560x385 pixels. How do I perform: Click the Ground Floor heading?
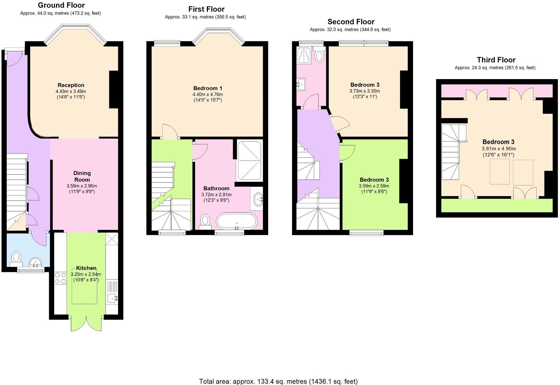pos(61,5)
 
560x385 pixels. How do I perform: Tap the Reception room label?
pos(71,85)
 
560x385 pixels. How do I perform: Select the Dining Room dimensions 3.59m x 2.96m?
pos(82,186)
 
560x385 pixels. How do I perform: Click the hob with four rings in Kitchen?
pos(61,278)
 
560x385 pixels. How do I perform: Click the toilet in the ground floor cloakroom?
pos(16,258)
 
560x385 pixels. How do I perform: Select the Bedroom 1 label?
pos(208,88)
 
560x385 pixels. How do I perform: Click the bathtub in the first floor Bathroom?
pos(237,222)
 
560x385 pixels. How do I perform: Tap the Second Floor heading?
pos(351,22)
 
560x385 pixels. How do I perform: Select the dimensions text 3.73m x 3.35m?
pos(364,91)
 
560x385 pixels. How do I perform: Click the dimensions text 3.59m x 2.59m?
pos(374,186)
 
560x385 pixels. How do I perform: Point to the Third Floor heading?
pos(496,60)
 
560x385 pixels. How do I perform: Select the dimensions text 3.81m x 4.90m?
pos(498,149)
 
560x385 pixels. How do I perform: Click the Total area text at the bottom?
pos(278,381)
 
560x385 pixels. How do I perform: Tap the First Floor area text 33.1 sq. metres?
pos(205,17)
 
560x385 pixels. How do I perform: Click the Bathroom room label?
pos(216,188)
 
